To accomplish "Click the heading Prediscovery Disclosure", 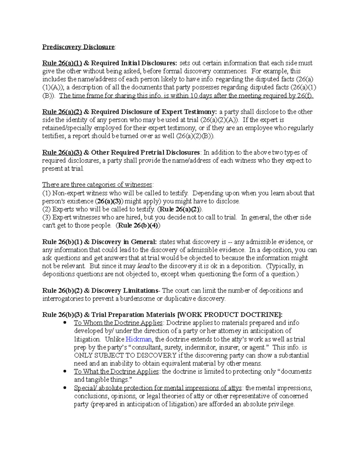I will (78, 47).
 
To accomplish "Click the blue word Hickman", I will (139, 339).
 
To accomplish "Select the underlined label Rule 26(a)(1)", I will (62, 63).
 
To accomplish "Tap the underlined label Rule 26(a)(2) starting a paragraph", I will (62, 112).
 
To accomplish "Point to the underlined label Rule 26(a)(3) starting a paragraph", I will (62, 152).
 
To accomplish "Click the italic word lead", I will (143, 266).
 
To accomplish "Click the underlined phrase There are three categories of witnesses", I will (97, 185).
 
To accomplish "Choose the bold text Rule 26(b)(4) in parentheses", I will (138, 226).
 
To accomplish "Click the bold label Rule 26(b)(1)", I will (62, 242).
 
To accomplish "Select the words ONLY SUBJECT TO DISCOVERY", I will (125, 356).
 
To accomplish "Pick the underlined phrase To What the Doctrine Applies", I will (116, 371).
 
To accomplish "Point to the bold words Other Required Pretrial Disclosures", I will (145, 152).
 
